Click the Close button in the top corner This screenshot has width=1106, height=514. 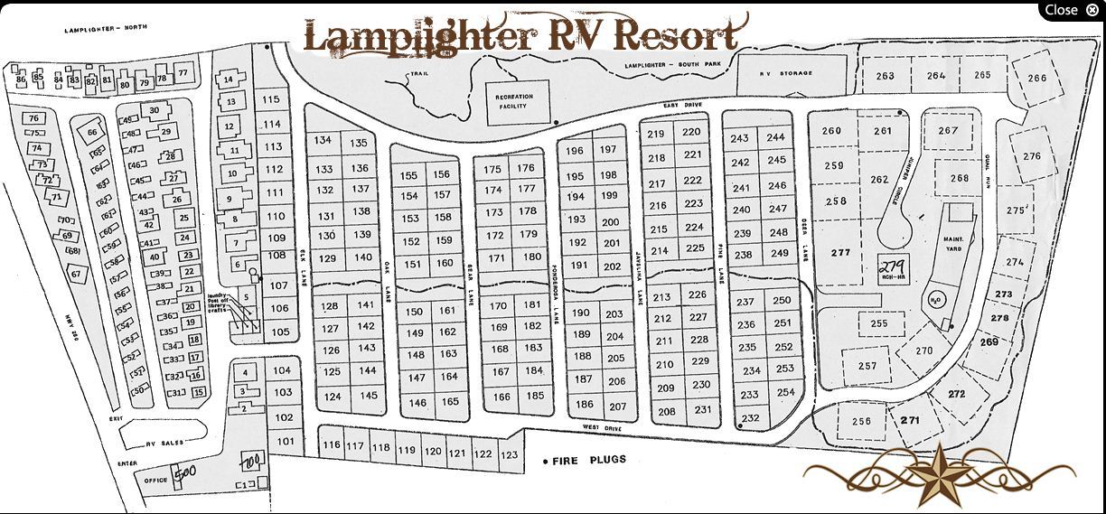(x=1072, y=10)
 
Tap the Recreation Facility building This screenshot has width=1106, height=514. (x=512, y=101)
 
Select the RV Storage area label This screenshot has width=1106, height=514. (x=786, y=73)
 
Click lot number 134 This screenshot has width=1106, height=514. (x=323, y=140)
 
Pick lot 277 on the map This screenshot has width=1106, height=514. (x=841, y=253)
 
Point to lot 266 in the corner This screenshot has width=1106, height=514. (x=1036, y=78)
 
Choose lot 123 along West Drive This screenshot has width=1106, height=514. (x=510, y=454)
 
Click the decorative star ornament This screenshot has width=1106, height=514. (x=937, y=472)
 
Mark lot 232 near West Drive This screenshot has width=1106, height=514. (x=750, y=418)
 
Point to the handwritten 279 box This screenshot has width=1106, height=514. (x=893, y=268)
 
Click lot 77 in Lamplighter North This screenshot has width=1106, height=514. (x=183, y=72)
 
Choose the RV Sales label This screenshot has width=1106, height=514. (x=165, y=443)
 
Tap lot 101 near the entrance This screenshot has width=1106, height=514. (x=286, y=442)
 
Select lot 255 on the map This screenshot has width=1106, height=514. (x=879, y=323)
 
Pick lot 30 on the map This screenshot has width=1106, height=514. (x=155, y=110)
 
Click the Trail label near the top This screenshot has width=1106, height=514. (x=418, y=74)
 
